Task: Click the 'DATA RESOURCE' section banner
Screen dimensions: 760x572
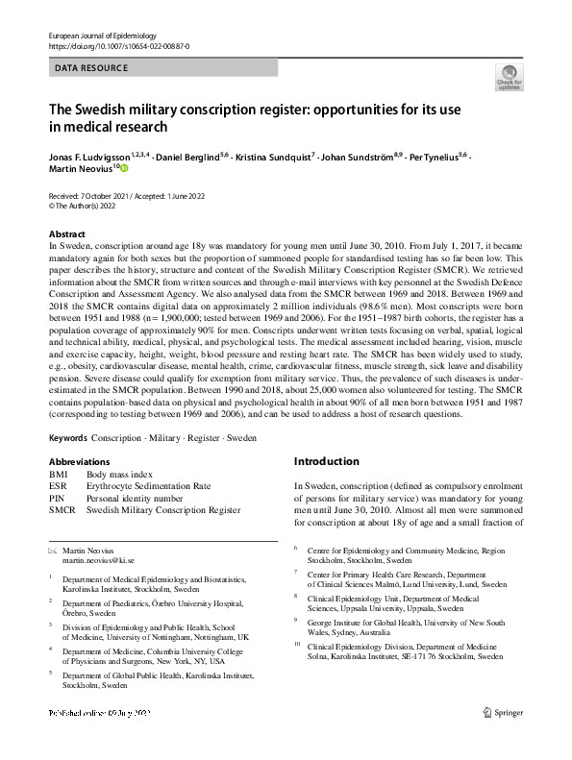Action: (x=91, y=68)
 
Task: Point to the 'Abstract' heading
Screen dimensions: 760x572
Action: (x=68, y=234)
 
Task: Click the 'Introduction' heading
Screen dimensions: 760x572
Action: (x=330, y=461)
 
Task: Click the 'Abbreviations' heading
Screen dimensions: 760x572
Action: (x=84, y=460)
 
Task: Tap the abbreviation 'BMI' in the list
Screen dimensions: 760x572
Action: (x=59, y=475)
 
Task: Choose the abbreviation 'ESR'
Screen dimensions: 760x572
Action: (x=59, y=486)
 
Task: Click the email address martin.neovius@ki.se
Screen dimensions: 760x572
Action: (x=109, y=558)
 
